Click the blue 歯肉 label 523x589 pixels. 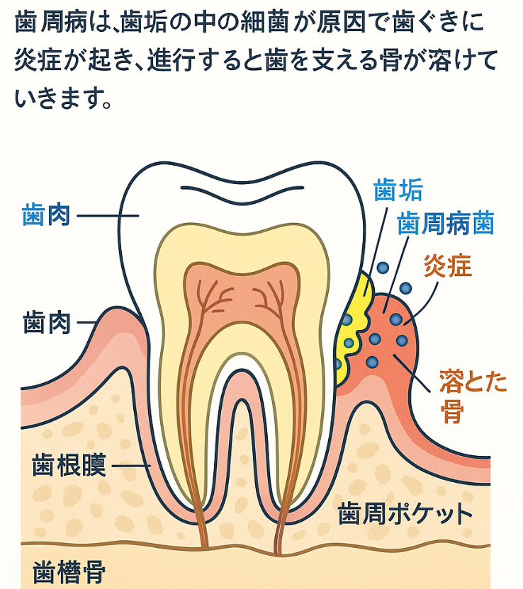[47, 215]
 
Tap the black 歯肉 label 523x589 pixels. [47, 324]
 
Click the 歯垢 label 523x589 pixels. [398, 190]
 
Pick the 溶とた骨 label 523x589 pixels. [473, 396]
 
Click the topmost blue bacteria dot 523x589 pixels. [383, 268]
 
